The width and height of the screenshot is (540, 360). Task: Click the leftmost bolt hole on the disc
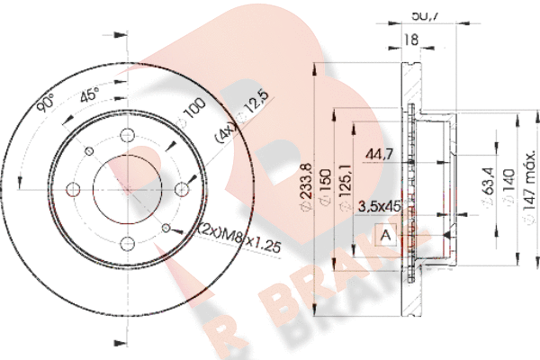pyautogui.click(x=73, y=188)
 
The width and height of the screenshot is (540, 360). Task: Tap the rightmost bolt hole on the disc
pyautogui.click(x=182, y=188)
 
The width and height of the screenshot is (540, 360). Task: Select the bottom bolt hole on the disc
pyautogui.click(x=127, y=242)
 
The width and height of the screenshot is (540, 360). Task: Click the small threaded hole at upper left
pyautogui.click(x=88, y=149)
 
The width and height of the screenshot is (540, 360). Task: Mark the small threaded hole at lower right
pyautogui.click(x=166, y=228)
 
